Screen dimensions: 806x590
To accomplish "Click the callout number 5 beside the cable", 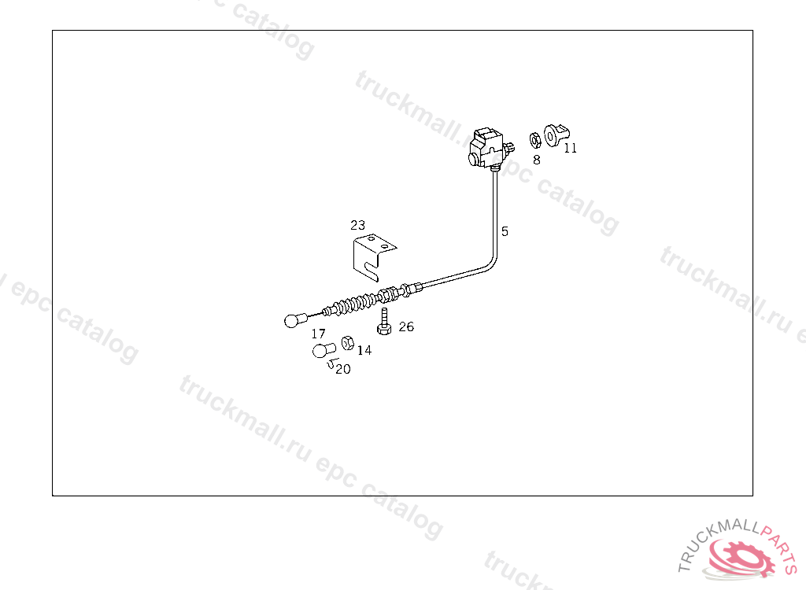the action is [x=505, y=231].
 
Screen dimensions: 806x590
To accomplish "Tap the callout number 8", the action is [x=537, y=159].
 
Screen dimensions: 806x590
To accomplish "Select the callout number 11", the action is [x=571, y=147].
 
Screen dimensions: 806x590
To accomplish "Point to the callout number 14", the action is [x=364, y=350].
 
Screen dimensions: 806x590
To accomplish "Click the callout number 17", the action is [x=318, y=334].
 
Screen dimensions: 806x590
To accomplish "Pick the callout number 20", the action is [x=343, y=369].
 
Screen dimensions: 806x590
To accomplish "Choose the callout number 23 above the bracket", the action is [x=358, y=225].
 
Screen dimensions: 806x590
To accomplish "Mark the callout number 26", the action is [x=406, y=326].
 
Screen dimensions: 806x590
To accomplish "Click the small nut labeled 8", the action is [x=533, y=140].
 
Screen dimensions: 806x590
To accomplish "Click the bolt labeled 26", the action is [x=384, y=322].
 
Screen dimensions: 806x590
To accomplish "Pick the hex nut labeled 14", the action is [x=346, y=343].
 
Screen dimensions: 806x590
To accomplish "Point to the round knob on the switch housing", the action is [x=472, y=159].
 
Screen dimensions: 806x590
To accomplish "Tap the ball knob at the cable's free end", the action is [x=292, y=320].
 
